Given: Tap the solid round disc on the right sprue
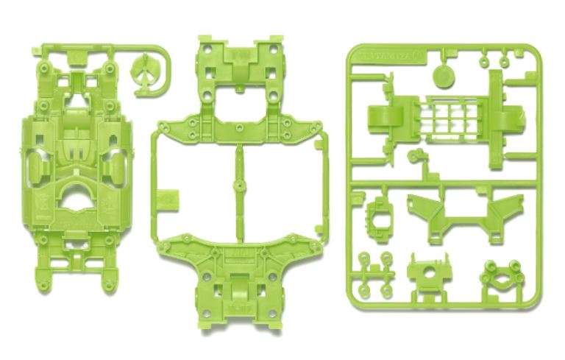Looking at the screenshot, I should tap(441, 76).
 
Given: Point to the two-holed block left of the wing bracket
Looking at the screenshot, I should tap(379, 214).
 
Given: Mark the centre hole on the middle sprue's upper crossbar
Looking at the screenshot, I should tap(237, 124).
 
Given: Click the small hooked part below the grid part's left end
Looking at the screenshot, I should tap(416, 156).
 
